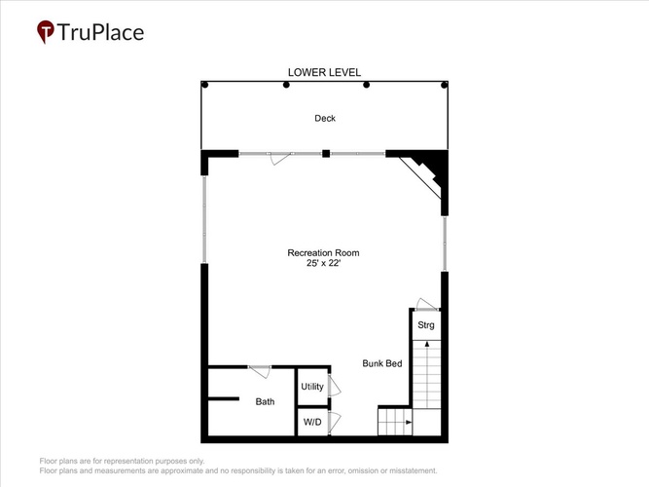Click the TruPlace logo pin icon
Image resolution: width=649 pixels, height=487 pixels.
(46, 31)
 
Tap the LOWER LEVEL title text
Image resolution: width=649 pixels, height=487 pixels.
(325, 72)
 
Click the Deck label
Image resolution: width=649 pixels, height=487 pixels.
(325, 119)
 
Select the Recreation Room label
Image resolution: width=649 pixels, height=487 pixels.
(323, 253)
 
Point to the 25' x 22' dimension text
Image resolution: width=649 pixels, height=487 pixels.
(323, 263)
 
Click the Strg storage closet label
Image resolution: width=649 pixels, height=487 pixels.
(426, 325)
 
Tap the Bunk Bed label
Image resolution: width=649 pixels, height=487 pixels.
(382, 363)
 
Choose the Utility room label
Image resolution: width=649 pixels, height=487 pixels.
(312, 387)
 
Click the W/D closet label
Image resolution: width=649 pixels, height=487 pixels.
(312, 423)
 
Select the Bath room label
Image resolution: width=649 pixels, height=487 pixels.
(265, 401)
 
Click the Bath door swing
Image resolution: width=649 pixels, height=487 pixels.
(260, 372)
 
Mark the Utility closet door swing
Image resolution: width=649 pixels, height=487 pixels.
(335, 386)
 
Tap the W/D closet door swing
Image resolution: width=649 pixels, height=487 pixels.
(335, 423)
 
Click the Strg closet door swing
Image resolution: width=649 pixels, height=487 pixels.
(426, 304)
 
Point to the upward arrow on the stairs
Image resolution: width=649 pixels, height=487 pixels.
(427, 345)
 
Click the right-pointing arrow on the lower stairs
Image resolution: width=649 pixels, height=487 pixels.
(408, 423)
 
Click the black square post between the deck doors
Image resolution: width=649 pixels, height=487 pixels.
(326, 154)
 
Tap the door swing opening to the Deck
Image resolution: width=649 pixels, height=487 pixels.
(280, 159)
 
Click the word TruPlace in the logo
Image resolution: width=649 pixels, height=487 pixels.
(100, 32)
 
